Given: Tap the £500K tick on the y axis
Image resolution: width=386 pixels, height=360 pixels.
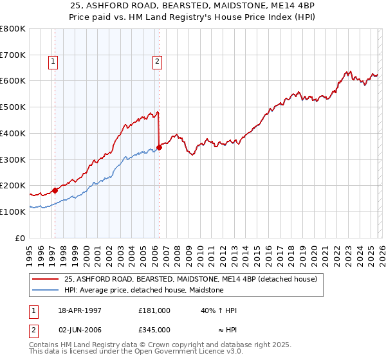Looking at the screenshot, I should pos(14,107).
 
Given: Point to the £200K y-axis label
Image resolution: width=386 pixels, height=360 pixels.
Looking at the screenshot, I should pos(14,185).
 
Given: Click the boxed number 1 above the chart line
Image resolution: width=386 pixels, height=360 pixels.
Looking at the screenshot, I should pos(53,62).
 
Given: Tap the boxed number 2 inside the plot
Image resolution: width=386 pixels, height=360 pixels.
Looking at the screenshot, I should pos(157,62).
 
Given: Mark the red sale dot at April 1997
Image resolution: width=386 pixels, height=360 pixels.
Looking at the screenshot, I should pos(55,190).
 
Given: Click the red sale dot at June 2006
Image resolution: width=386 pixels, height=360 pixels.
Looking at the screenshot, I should pos(159,147).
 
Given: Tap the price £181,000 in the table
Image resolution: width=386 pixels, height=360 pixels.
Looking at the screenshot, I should pos(154,310).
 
